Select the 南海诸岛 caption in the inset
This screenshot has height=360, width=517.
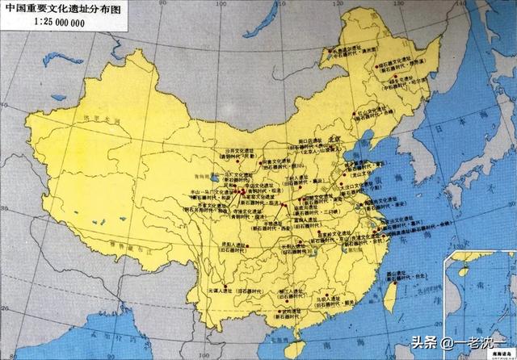pos(494,324)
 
